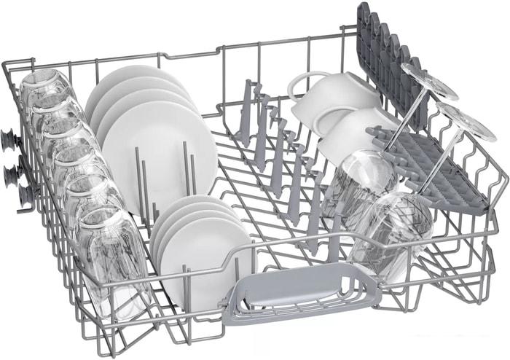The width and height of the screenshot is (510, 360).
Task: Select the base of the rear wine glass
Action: [428, 81]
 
